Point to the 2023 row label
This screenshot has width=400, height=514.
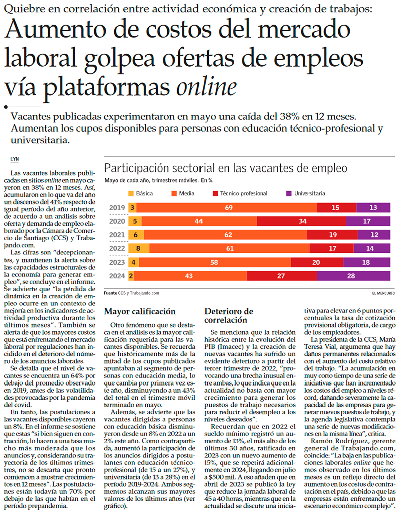point(117,262)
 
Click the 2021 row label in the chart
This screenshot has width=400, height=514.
point(117,235)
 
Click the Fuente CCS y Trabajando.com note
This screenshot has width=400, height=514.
point(131,293)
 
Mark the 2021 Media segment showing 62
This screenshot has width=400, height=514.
point(228,235)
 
